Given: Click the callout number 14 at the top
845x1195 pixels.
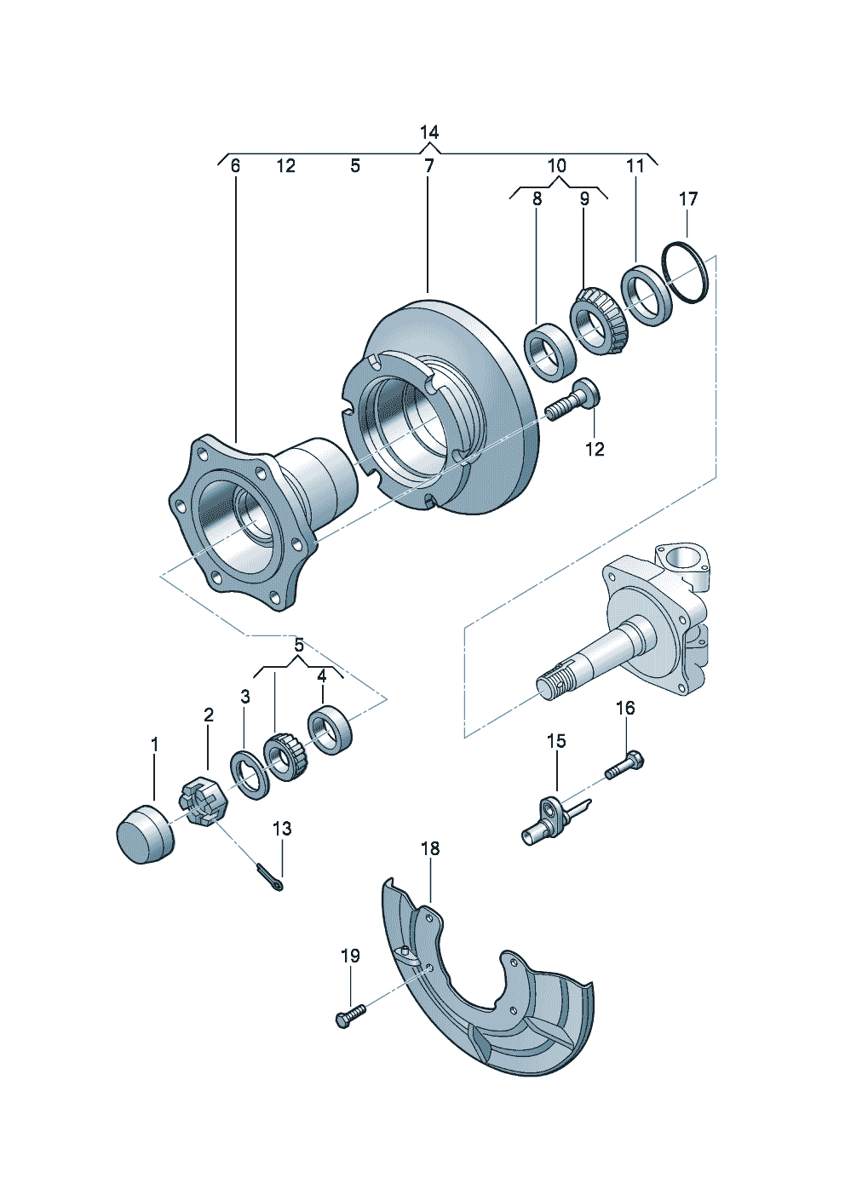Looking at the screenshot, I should coord(429,132).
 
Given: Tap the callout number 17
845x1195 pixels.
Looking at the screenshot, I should coord(688,198).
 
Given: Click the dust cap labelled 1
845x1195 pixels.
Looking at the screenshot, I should coord(145,836).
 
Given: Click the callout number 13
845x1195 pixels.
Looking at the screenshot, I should coord(281,828).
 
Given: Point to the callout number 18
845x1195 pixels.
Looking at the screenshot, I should coord(430,848).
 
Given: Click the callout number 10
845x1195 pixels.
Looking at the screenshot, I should coord(556,165).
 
